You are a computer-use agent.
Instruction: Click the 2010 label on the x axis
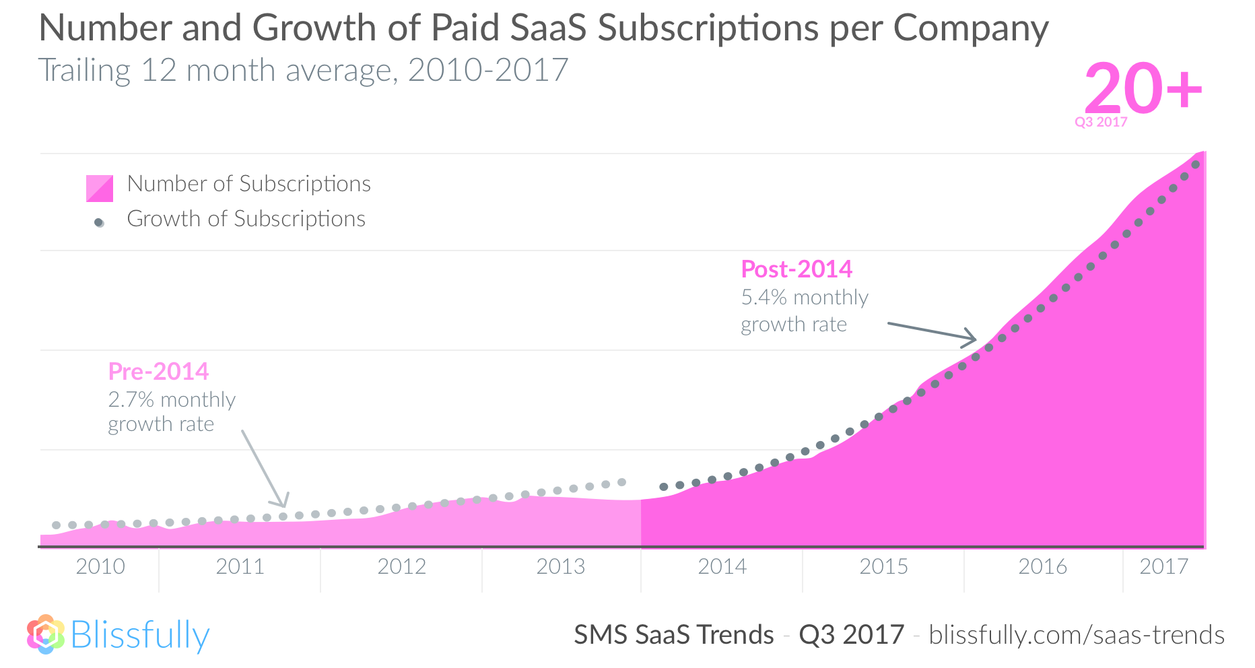point(100,566)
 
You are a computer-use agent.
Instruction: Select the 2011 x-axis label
point(240,566)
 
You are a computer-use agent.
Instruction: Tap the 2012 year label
point(401,566)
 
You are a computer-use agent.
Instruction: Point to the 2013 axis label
point(560,566)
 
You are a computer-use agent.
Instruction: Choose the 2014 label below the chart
point(722,566)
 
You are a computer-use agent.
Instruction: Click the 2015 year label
point(883,566)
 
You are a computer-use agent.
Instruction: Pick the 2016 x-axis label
point(1042,566)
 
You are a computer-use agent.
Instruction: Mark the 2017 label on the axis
point(1163,566)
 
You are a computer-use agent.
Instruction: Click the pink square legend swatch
point(100,188)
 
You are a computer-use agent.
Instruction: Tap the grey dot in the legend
point(100,223)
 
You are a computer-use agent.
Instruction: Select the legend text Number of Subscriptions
point(249,184)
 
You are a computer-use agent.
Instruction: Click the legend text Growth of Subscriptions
point(246,219)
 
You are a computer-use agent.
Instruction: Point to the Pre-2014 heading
point(158,371)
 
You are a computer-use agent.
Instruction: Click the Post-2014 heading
point(796,269)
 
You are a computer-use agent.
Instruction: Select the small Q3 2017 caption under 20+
point(1101,122)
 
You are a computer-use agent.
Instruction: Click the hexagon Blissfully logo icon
point(46,634)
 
